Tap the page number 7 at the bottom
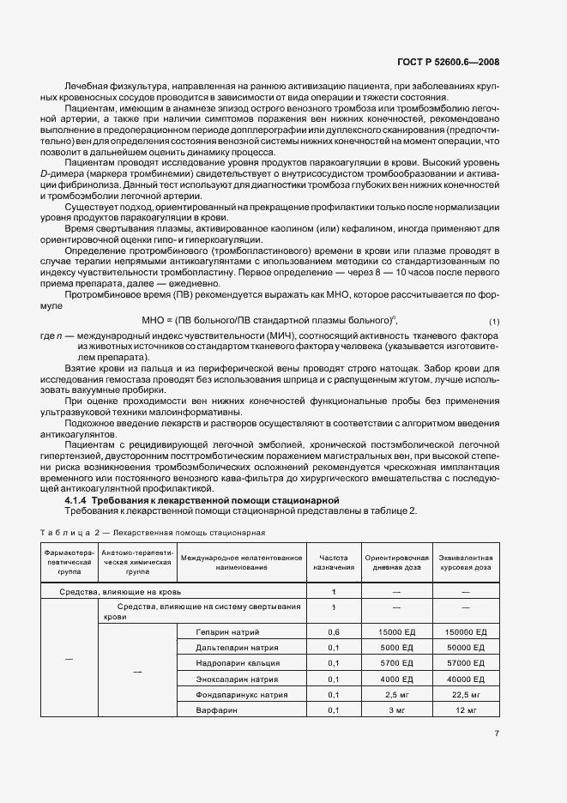pyautogui.click(x=498, y=733)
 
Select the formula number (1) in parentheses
pyautogui.click(x=494, y=321)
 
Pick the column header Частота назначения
pyautogui.click(x=334, y=561)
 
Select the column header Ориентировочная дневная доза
pyautogui.click(x=396, y=561)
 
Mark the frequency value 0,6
pyautogui.click(x=334, y=631)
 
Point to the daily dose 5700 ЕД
pyautogui.click(x=396, y=663)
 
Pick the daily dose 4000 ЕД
pyautogui.click(x=396, y=679)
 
